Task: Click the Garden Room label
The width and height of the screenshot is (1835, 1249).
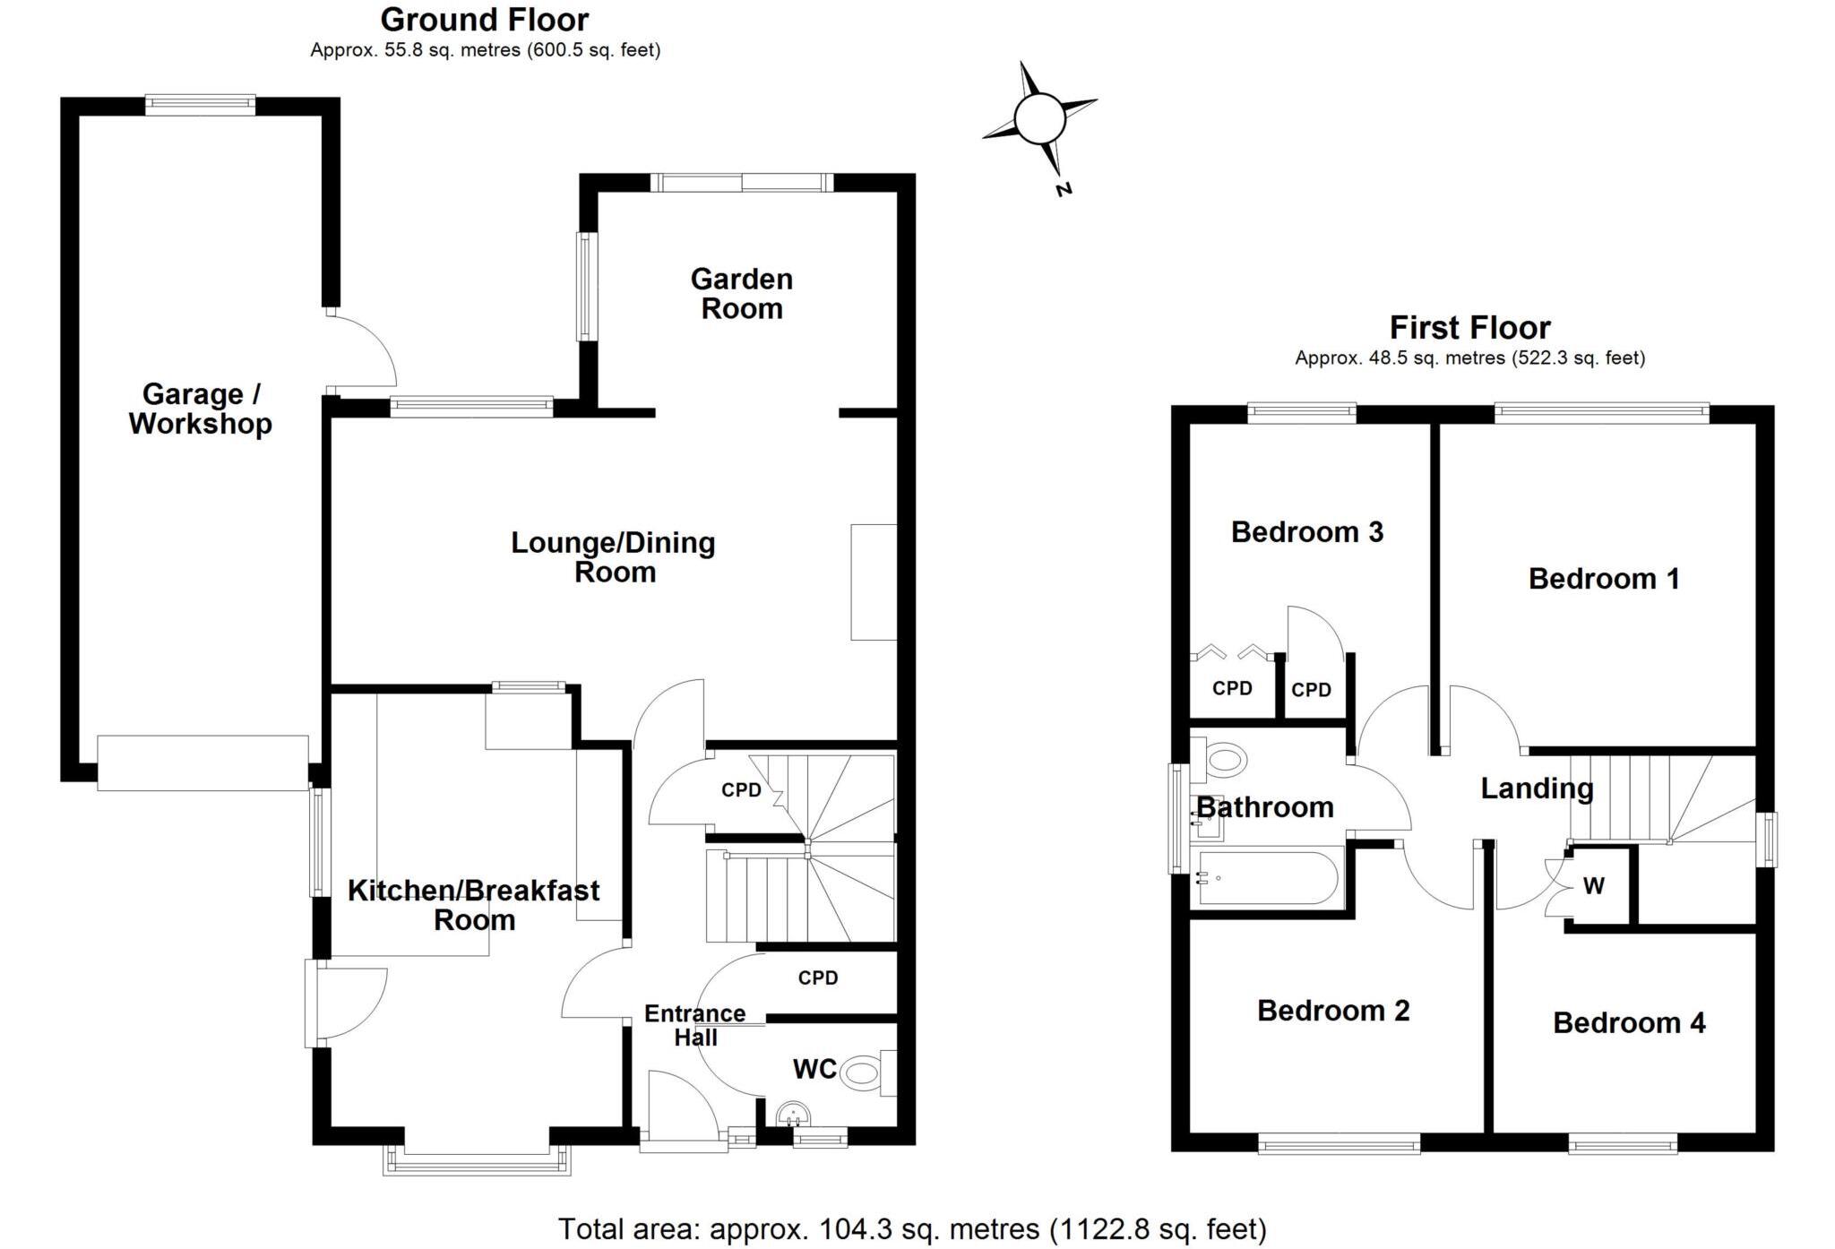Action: click(741, 294)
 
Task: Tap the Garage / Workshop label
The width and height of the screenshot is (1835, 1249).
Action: click(201, 409)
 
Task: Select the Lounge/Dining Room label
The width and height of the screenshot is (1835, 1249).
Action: click(614, 556)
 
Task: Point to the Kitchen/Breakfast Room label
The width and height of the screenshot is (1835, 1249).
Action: click(473, 905)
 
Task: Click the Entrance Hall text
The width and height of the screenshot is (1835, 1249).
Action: click(695, 1025)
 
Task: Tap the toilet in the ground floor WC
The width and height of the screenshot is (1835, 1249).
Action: click(862, 1072)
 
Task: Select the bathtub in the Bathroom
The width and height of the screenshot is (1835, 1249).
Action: click(1268, 878)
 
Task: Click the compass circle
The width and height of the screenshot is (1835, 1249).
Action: click(1039, 118)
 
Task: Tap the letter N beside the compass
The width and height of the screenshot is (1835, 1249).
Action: click(1064, 189)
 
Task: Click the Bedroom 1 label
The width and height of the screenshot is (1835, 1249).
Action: click(1604, 579)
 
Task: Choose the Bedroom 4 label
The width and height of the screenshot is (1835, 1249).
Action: click(1629, 1022)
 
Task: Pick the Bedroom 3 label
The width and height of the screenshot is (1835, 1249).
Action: click(1307, 532)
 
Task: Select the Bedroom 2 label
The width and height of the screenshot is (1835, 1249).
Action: click(1333, 1011)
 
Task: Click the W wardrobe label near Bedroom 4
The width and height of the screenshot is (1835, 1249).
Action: click(1593, 886)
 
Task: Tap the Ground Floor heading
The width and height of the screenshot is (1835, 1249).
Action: click(485, 20)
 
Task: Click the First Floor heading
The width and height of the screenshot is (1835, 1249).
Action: click(1469, 328)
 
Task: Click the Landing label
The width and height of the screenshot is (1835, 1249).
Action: click(1537, 788)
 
